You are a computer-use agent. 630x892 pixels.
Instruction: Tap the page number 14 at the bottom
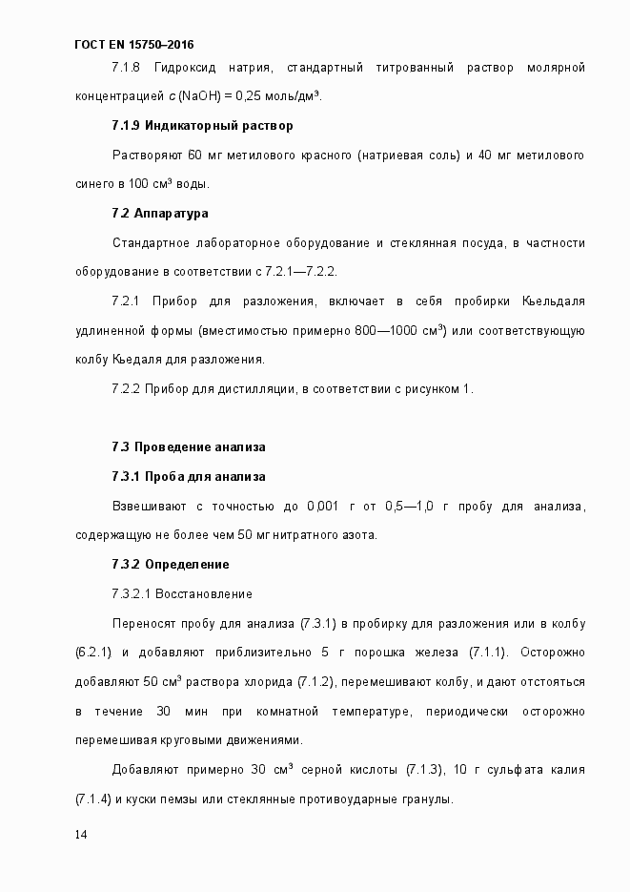tap(81, 835)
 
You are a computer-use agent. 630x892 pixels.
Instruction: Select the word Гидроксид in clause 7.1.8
tap(182, 67)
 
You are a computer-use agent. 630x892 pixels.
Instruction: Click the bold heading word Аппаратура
tap(172, 213)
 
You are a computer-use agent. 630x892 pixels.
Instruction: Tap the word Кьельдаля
tap(554, 301)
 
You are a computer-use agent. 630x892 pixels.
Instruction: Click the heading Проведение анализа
tap(200, 446)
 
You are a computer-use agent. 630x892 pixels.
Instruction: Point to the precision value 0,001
tap(323, 506)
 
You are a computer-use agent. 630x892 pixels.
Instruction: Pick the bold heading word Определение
tap(187, 564)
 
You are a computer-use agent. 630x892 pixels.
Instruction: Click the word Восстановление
tap(204, 594)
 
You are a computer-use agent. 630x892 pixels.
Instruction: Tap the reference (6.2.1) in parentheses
tap(94, 652)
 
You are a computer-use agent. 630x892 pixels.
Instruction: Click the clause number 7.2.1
tap(126, 301)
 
